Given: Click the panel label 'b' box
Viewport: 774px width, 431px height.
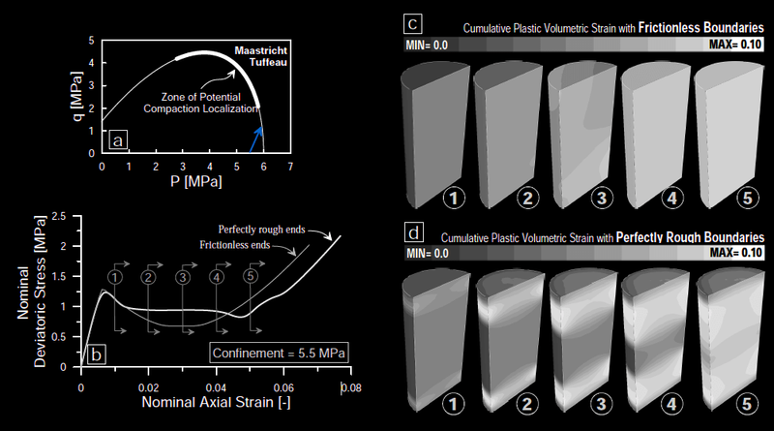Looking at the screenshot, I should (95, 354).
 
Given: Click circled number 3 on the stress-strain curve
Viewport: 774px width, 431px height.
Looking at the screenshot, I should (182, 277).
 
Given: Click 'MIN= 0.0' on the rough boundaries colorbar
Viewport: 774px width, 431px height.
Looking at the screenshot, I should (428, 254).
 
